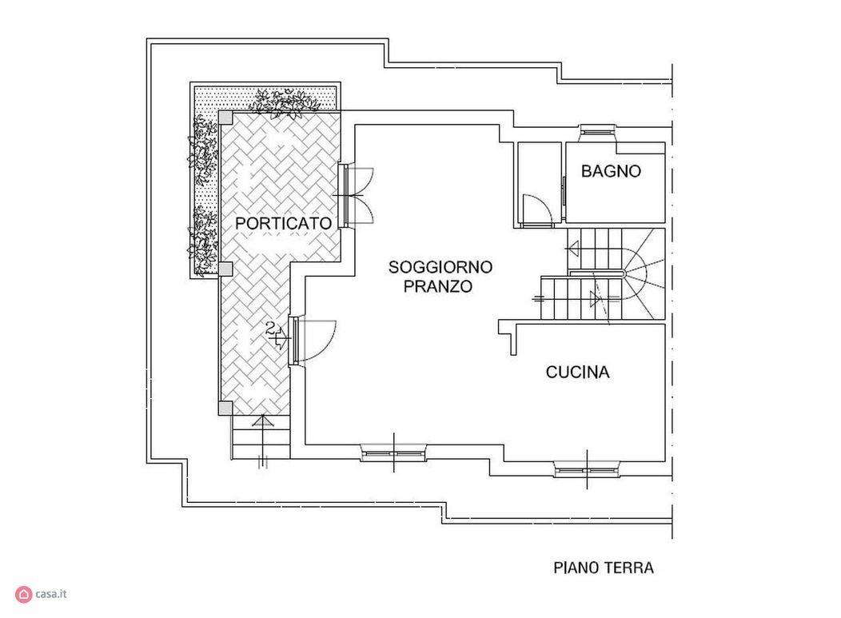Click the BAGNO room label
coord(611,171)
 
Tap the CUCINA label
coord(578,373)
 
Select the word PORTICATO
coord(284,223)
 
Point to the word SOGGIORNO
coord(440,266)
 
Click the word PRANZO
coord(437,286)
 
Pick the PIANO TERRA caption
coord(604,568)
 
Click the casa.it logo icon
coord(24,594)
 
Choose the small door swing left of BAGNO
coord(537,208)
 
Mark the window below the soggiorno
coord(393,453)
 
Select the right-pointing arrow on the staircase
coord(596,299)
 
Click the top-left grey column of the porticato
coord(225,117)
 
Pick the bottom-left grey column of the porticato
coord(225,409)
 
